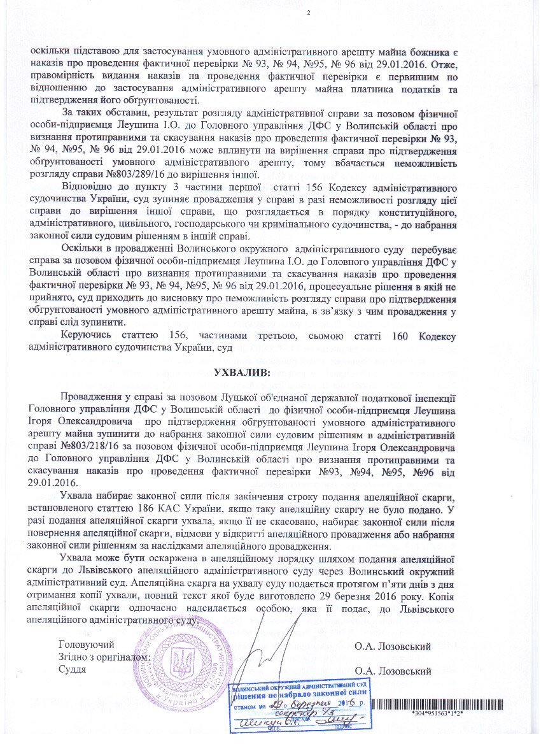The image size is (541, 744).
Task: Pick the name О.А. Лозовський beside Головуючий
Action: [393, 647]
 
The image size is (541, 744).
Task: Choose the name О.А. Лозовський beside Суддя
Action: [393, 671]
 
